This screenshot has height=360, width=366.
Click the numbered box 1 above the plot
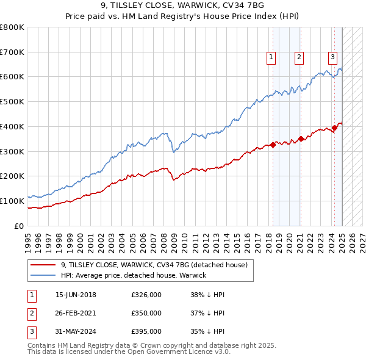tap(270, 57)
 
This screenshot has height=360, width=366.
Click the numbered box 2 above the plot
tap(300, 57)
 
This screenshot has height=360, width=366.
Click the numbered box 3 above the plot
tap(333, 57)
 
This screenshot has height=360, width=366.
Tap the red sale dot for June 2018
tap(273, 145)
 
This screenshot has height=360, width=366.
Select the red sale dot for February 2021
tap(301, 139)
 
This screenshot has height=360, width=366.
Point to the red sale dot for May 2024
tap(335, 128)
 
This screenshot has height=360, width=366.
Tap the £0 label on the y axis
tap(19, 226)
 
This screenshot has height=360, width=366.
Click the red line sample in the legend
tap(43, 265)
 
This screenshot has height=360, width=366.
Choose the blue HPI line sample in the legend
tap(43, 275)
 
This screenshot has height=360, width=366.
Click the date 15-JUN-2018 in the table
tap(76, 295)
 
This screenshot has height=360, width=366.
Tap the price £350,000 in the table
tap(146, 313)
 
